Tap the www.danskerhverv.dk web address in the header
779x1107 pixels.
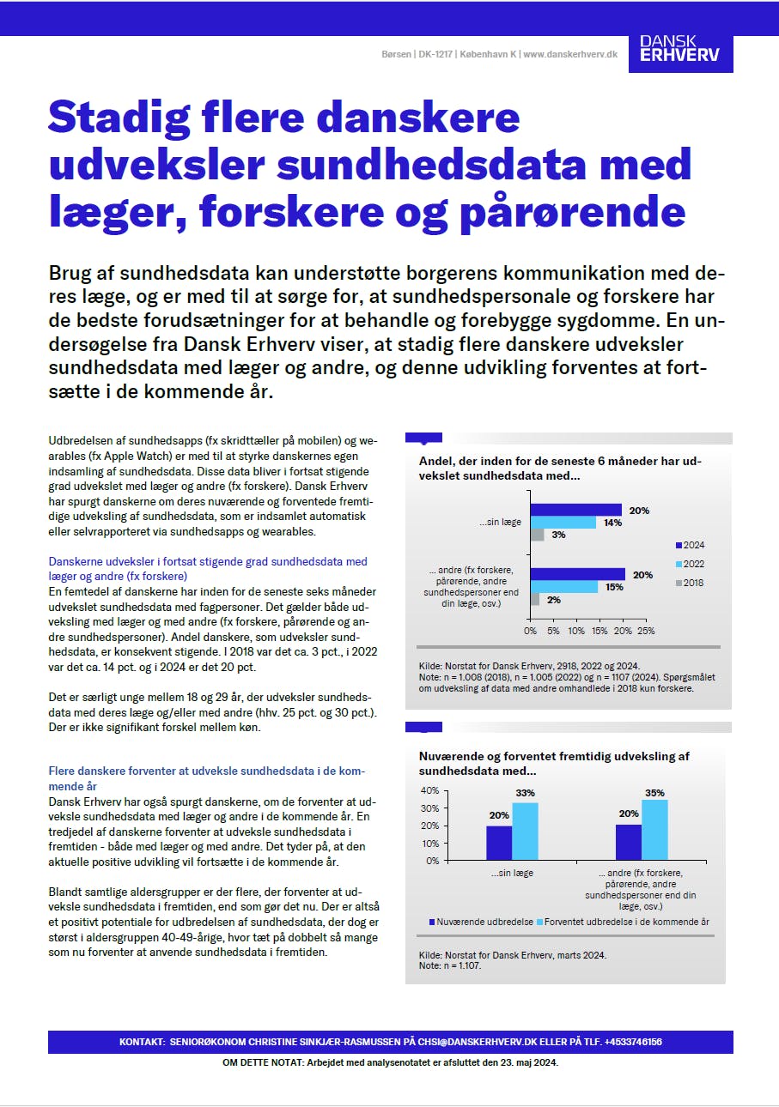(x=570, y=54)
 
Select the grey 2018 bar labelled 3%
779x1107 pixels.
(x=537, y=535)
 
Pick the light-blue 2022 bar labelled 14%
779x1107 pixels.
(x=563, y=523)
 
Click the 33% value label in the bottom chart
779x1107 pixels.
(x=525, y=793)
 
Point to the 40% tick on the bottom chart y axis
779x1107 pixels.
(x=429, y=790)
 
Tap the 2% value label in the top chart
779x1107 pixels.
(x=554, y=600)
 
